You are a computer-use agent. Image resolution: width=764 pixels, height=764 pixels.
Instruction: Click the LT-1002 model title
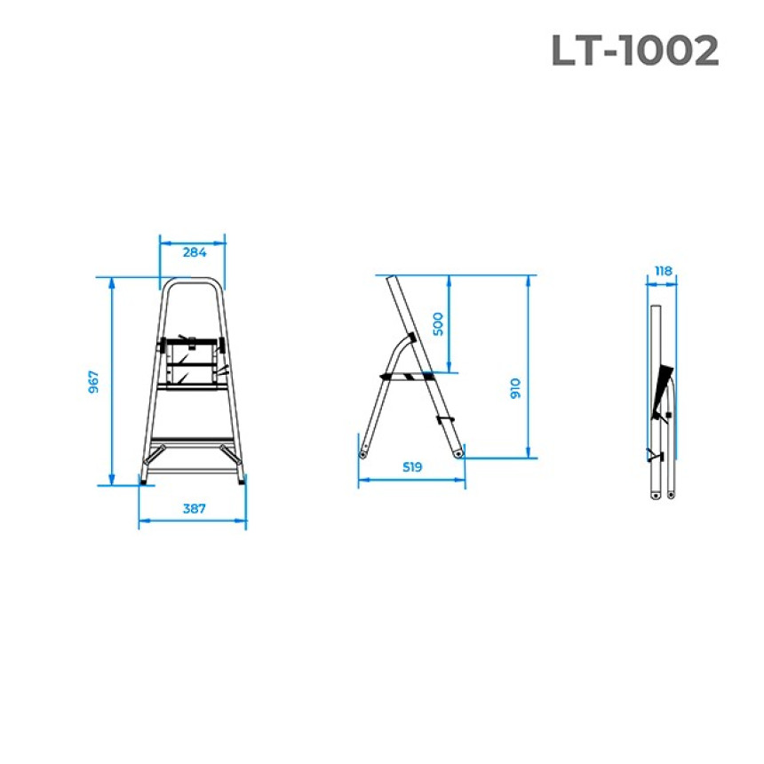(x=635, y=50)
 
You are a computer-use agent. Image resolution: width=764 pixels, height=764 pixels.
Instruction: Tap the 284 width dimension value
(x=195, y=252)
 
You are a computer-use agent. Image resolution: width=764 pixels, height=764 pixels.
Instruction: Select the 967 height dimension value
(x=93, y=381)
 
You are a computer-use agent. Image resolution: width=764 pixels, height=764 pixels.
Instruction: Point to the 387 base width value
(x=194, y=509)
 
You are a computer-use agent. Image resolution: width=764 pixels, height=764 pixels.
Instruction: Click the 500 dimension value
(x=438, y=324)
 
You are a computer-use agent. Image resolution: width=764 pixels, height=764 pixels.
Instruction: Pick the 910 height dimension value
(x=515, y=388)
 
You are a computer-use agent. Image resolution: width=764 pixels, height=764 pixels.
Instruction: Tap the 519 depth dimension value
(x=411, y=466)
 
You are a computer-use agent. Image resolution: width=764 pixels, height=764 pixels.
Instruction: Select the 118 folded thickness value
(x=663, y=271)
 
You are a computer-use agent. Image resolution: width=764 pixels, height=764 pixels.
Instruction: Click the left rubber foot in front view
(x=143, y=481)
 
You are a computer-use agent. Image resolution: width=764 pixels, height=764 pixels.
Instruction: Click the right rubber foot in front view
(x=242, y=481)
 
